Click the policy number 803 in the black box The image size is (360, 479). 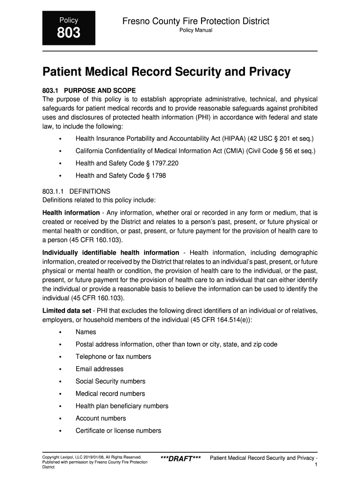pos(68,33)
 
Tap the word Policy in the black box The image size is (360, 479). pos(68,20)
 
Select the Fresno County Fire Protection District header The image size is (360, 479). pos(196,21)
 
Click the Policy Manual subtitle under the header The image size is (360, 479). pos(196,30)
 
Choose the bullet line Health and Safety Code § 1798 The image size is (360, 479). pos(121,175)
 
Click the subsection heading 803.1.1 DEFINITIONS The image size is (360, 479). pos(76,191)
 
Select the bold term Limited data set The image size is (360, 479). pos(67,311)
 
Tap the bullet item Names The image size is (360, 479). pos(86,332)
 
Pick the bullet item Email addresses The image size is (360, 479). pos(100,369)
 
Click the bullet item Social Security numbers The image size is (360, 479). pos(110,381)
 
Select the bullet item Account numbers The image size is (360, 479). pos(101,418)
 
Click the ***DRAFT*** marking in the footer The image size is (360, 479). pos(180,458)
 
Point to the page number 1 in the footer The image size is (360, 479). pos(317,464)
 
